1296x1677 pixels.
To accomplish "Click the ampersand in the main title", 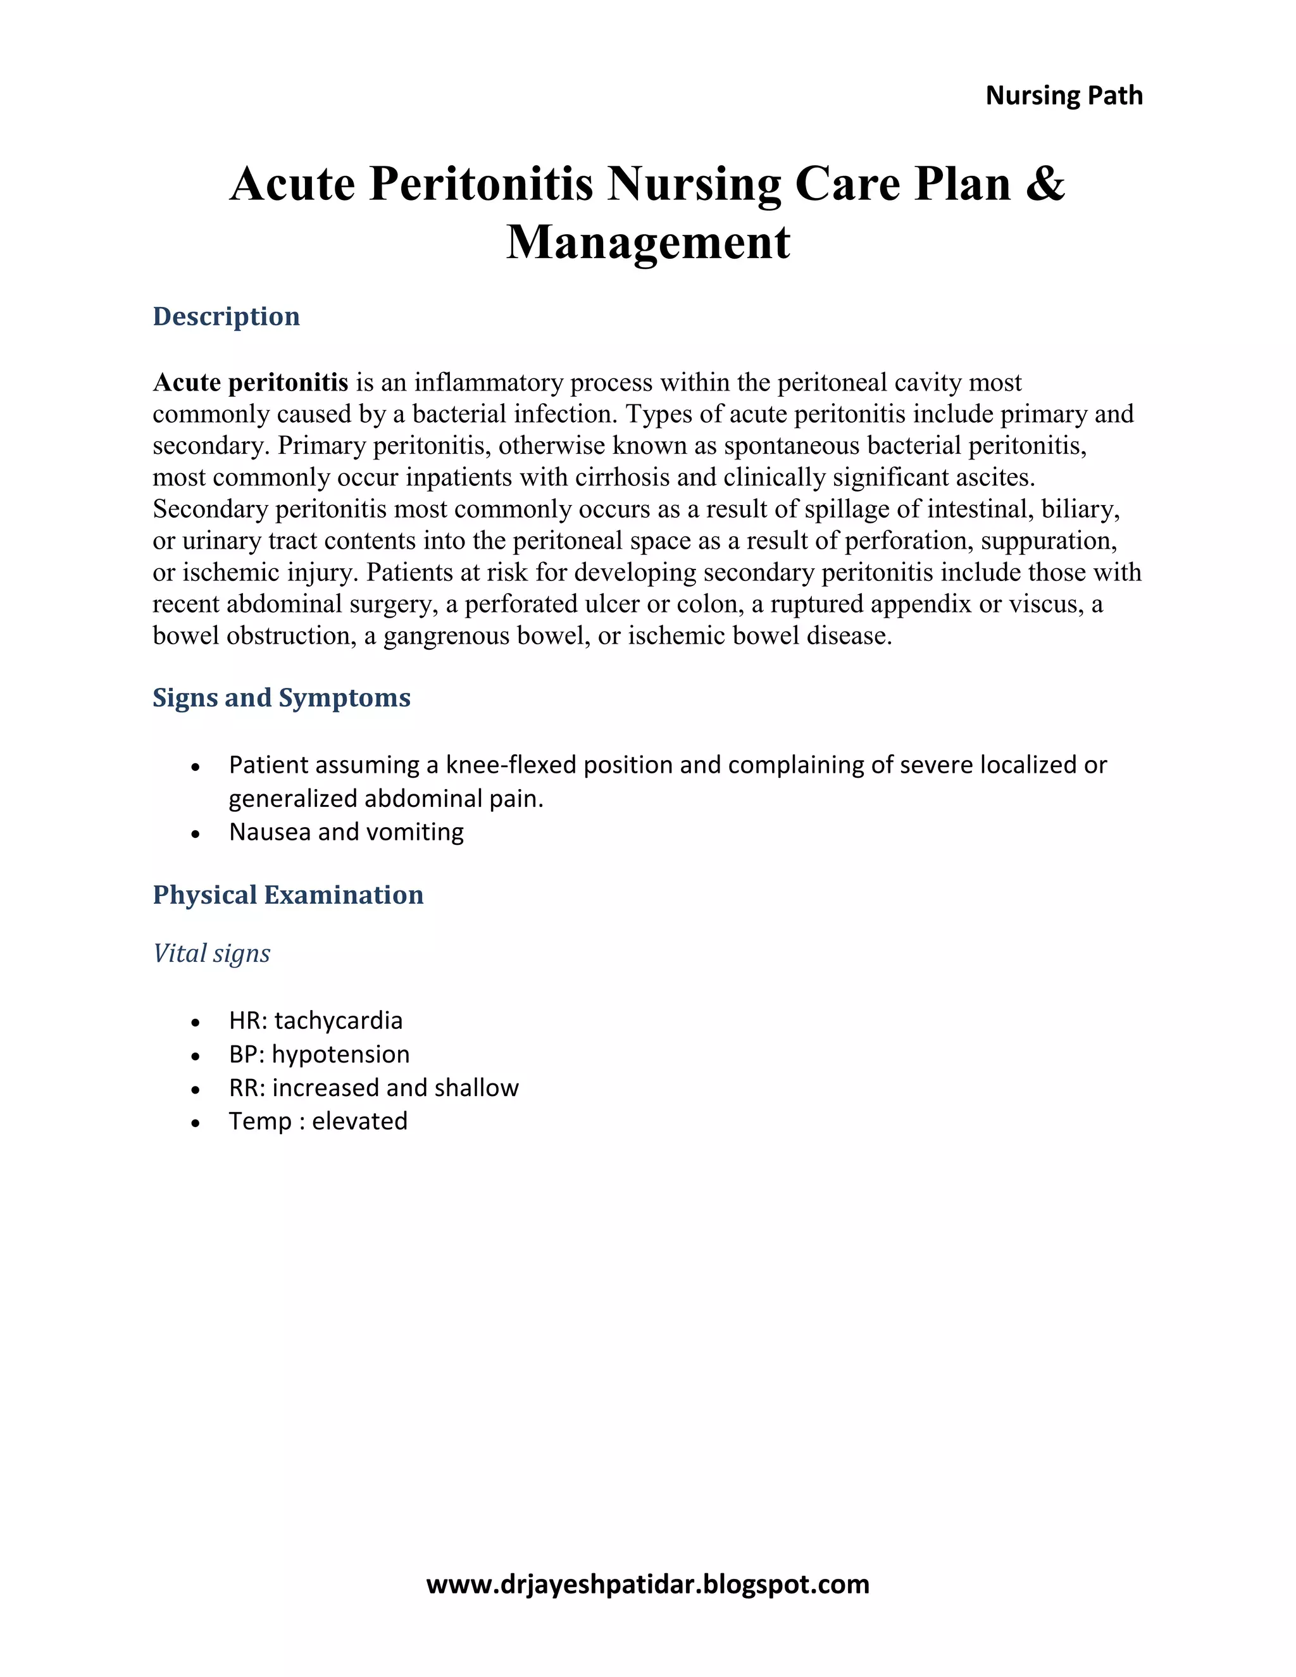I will [1045, 184].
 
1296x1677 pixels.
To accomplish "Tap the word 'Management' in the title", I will [648, 242].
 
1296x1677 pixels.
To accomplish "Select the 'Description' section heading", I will [226, 316].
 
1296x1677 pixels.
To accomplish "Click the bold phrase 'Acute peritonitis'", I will [251, 382].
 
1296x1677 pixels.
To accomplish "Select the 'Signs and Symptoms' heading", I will [281, 697].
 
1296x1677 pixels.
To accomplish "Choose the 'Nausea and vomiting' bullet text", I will [346, 832].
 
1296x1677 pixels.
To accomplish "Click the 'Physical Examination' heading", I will [288, 895].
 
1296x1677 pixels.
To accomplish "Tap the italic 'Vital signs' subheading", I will [211, 954].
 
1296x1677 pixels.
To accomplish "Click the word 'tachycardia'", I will [338, 1021].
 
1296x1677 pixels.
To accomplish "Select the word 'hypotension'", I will [340, 1054].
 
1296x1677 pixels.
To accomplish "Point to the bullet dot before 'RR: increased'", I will [196, 1090].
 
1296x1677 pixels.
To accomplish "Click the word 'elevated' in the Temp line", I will [359, 1121].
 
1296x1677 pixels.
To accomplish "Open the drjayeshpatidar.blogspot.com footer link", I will [647, 1584].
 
